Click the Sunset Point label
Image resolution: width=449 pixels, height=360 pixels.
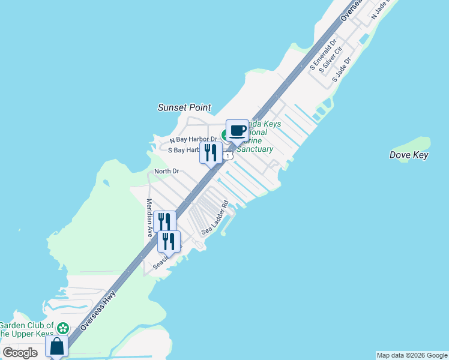[184, 107]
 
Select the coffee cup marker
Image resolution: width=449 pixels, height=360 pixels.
[237, 130]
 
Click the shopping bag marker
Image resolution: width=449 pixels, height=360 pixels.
[56, 346]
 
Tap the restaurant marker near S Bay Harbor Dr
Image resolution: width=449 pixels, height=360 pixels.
[211, 152]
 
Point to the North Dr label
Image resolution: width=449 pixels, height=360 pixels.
[167, 172]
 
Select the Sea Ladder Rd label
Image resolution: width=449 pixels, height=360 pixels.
[215, 217]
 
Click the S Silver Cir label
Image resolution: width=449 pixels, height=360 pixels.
[331, 61]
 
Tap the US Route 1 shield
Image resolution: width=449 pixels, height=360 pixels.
[228, 156]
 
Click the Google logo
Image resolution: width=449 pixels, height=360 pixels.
[20, 353]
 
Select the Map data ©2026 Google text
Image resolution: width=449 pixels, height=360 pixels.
[412, 355]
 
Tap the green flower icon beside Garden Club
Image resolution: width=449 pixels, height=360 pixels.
[62, 328]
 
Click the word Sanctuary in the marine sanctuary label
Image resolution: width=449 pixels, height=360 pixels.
[255, 149]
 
